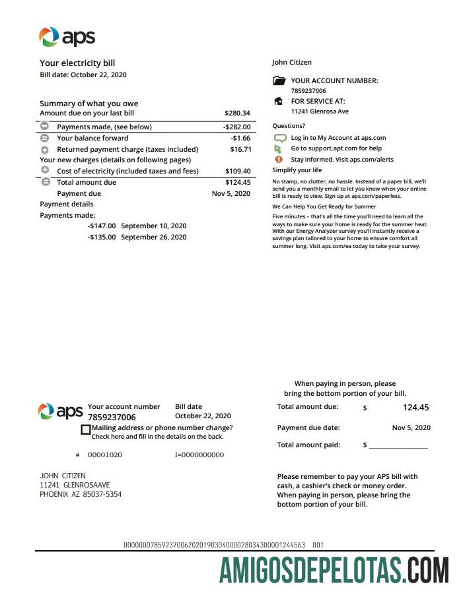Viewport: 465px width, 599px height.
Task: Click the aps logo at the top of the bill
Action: [x=67, y=37]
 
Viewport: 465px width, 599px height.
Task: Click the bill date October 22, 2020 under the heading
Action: [x=99, y=75]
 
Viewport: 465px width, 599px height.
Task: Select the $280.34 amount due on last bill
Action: [x=237, y=113]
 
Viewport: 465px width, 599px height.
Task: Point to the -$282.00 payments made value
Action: [x=236, y=127]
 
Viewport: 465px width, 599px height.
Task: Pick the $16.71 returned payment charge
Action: [x=240, y=150]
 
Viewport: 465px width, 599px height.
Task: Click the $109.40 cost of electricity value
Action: [x=238, y=172]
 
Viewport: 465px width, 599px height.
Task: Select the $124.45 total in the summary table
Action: [x=238, y=183]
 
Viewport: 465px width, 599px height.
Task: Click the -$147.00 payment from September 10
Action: [x=102, y=226]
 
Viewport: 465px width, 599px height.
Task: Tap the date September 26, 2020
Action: [x=154, y=237]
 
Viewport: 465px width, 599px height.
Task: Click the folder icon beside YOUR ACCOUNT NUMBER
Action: [x=279, y=81]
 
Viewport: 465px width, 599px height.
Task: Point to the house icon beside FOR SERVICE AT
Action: [x=278, y=102]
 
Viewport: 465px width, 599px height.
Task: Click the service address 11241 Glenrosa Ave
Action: [x=320, y=112]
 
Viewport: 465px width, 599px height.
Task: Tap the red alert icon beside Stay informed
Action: [x=279, y=160]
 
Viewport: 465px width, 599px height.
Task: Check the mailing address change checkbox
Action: [x=85, y=429]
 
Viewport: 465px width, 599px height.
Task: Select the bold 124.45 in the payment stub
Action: [x=415, y=408]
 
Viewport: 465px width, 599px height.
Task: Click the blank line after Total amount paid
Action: [x=398, y=447]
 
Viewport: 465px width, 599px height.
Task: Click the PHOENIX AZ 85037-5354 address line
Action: [x=81, y=495]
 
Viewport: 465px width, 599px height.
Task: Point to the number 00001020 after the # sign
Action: [x=105, y=455]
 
